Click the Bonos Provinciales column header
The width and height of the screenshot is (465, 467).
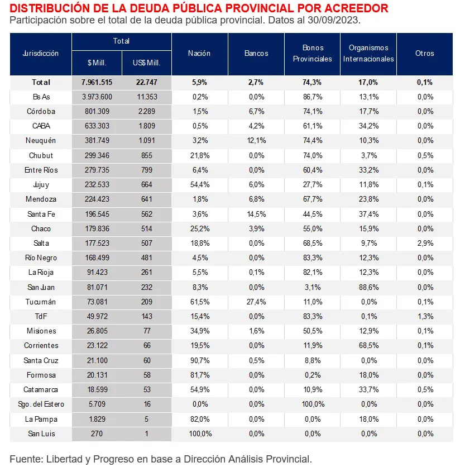(x=313, y=53)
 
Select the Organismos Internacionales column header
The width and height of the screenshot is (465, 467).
(x=368, y=53)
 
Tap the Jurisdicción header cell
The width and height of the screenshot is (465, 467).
(x=41, y=54)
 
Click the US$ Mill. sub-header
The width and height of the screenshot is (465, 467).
(x=147, y=63)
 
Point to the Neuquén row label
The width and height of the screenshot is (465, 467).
(x=41, y=141)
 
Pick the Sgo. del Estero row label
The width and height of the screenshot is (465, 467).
(x=41, y=404)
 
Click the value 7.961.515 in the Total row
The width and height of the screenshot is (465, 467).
(x=97, y=82)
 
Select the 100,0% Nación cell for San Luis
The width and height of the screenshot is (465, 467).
(x=199, y=433)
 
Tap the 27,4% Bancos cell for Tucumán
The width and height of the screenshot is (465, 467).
(x=256, y=302)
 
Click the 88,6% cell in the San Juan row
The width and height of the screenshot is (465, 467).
(x=368, y=287)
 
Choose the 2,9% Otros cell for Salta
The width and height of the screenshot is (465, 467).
(x=425, y=243)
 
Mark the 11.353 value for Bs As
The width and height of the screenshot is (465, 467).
(x=147, y=97)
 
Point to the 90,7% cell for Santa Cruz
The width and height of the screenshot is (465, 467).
(x=199, y=360)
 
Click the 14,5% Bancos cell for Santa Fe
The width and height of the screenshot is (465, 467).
(x=256, y=214)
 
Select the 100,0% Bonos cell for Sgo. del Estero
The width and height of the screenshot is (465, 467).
(x=313, y=404)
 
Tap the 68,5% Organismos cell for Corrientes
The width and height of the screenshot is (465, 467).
(x=368, y=346)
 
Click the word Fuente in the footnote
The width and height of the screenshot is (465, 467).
(x=26, y=459)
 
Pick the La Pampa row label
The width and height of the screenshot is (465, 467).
(x=41, y=419)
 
